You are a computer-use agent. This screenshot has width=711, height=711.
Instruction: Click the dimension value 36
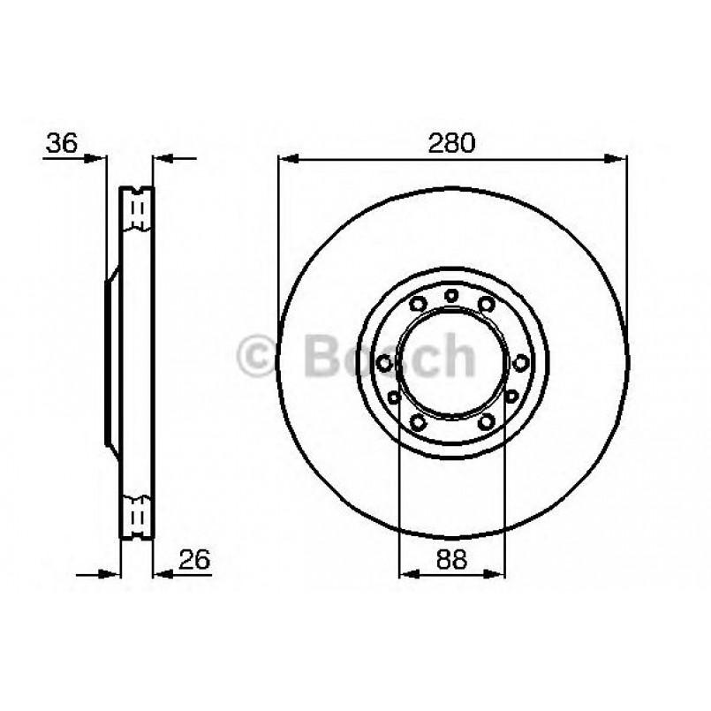pyautogui.click(x=61, y=143)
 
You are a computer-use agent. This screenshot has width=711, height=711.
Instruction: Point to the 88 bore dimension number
pyautogui.click(x=452, y=557)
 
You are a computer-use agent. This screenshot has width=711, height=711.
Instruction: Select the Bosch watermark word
pyautogui.click(x=389, y=356)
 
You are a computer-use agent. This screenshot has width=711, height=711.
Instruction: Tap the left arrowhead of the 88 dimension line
pyautogui.click(x=406, y=574)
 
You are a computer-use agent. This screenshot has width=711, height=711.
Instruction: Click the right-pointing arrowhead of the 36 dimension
pyautogui.click(x=98, y=160)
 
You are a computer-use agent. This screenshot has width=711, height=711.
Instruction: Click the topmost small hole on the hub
pyautogui.click(x=451, y=295)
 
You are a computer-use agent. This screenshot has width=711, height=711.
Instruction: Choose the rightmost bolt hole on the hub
pyautogui.click(x=520, y=361)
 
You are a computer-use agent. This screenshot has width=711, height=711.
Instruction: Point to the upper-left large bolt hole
pyautogui.click(x=418, y=305)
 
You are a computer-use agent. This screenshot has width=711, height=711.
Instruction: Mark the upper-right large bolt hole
pyautogui.click(x=486, y=305)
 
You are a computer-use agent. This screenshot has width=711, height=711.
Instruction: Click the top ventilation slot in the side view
pyautogui.click(x=136, y=209)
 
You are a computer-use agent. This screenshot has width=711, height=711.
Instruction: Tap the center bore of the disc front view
pyautogui.click(x=451, y=361)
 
